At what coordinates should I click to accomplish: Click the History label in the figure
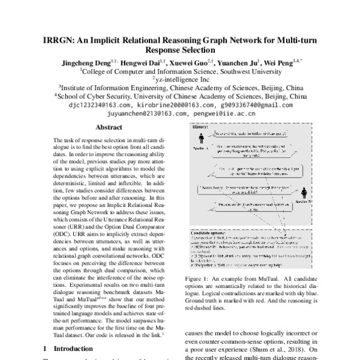(200, 127)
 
